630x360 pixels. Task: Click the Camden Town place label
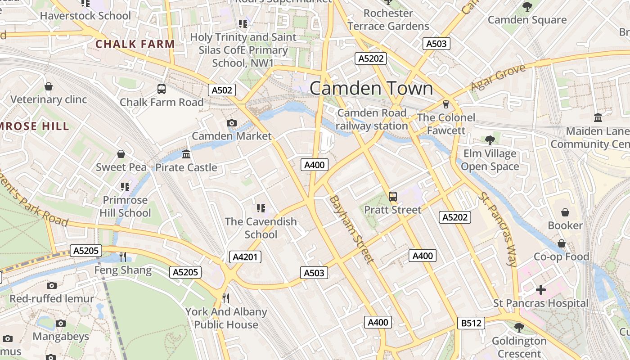[371, 88]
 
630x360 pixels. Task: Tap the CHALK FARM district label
[135, 44]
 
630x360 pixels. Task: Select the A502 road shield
[222, 90]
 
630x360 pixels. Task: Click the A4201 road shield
[245, 257]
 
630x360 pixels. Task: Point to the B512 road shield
[471, 323]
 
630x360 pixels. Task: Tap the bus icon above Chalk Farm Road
[162, 89]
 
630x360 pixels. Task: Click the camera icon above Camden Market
[232, 123]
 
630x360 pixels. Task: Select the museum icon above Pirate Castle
[186, 155]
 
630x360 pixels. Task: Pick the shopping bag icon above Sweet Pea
[121, 154]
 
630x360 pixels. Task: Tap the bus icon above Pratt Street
[393, 197]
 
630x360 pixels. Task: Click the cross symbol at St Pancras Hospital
[541, 290]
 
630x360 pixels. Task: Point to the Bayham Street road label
[351, 229]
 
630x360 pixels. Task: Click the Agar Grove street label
[498, 78]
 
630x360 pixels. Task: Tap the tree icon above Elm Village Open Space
[490, 140]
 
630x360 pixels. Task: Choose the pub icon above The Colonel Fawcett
[446, 104]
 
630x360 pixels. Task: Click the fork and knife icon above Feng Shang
[123, 257]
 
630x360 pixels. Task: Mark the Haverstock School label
[85, 16]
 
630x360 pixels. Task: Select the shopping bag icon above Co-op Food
[562, 243]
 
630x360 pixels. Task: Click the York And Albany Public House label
[226, 318]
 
